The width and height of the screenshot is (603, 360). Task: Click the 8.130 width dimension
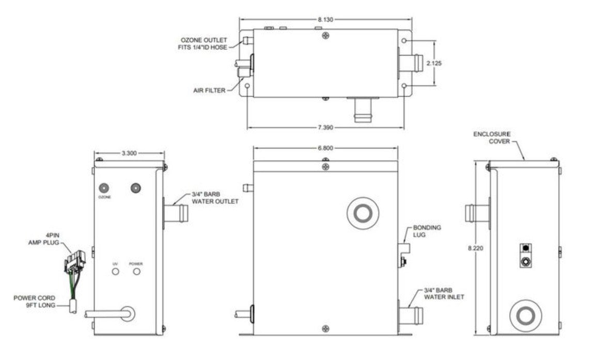click(x=326, y=20)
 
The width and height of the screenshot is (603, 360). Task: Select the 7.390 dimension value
click(x=326, y=128)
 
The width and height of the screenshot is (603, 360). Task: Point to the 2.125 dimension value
click(x=434, y=64)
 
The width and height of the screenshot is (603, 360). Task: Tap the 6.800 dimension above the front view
click(x=326, y=148)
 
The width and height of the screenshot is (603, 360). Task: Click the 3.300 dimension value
click(x=129, y=153)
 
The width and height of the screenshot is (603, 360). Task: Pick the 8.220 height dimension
click(x=476, y=248)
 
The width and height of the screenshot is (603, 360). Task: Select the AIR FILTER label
click(x=209, y=91)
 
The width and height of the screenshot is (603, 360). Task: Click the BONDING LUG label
click(x=427, y=231)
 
